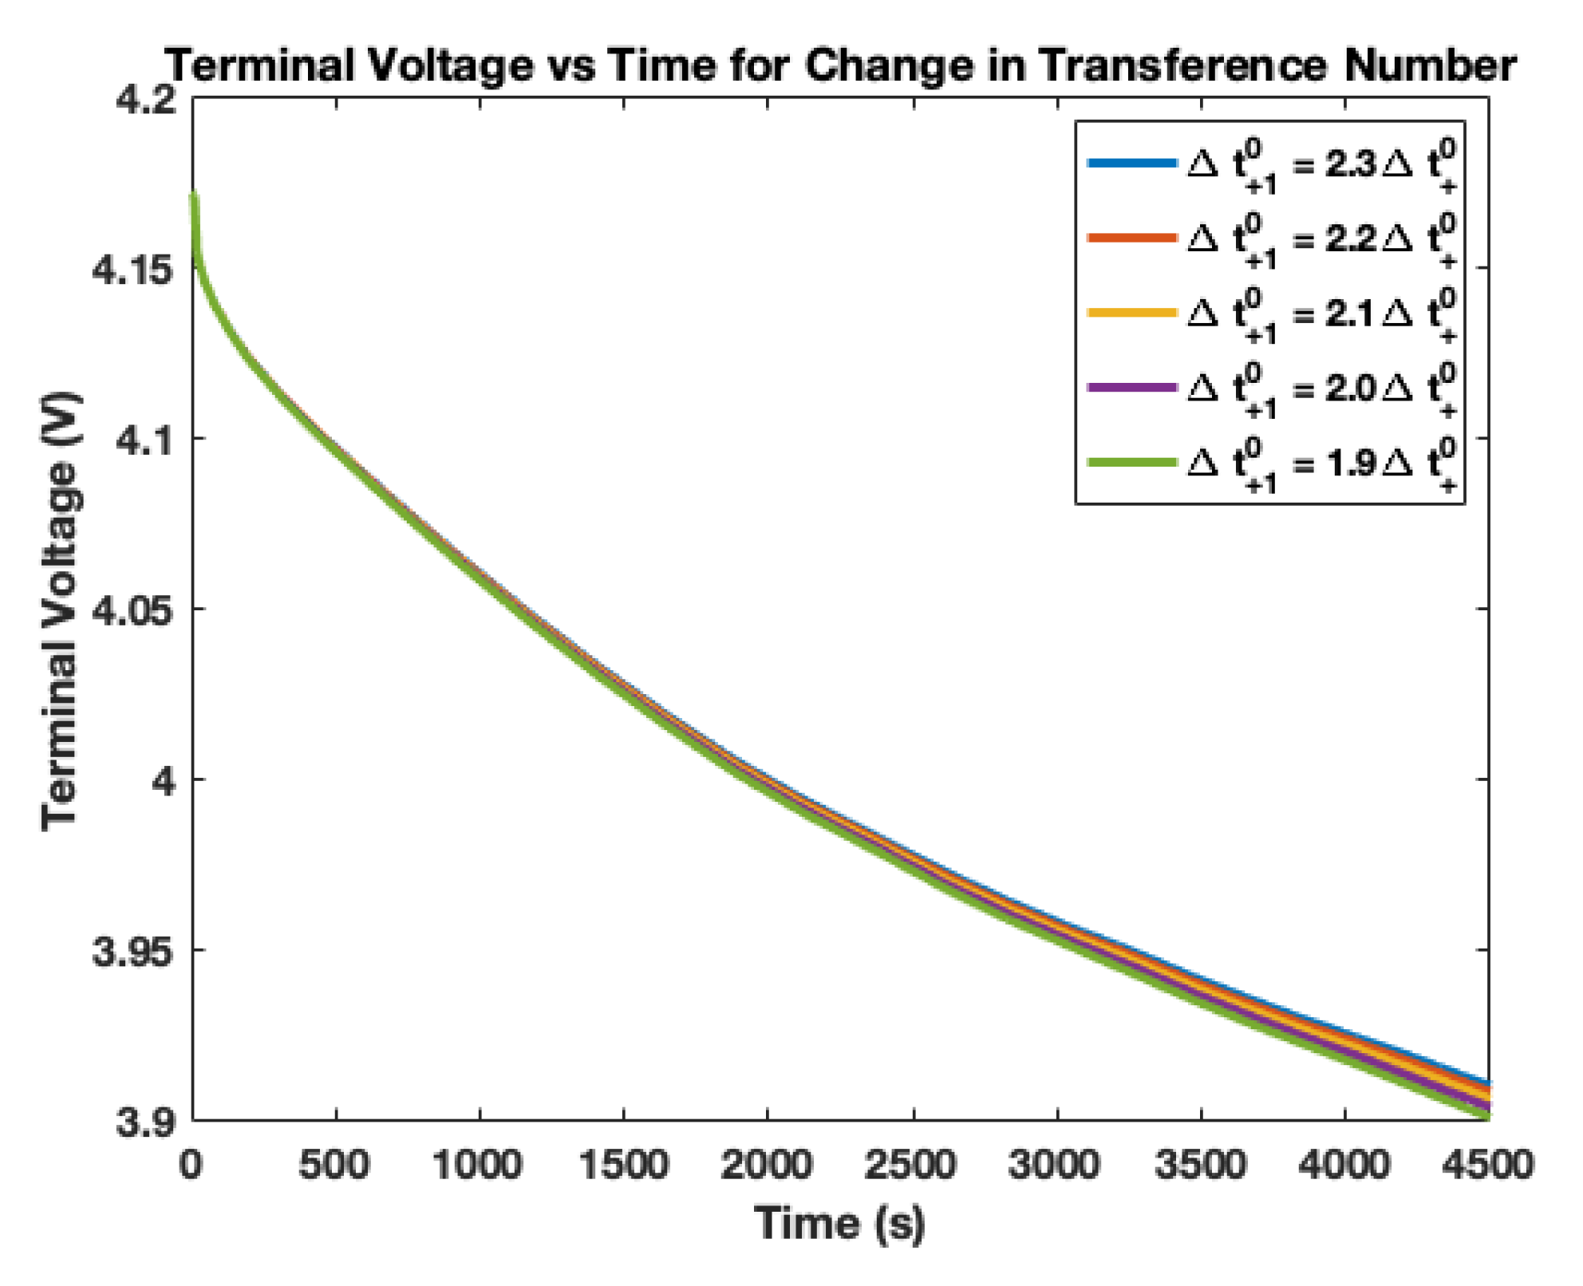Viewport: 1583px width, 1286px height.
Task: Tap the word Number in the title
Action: point(1430,65)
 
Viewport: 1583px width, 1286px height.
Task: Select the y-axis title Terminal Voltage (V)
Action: point(61,610)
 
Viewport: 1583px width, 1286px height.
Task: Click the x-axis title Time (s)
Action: point(839,1223)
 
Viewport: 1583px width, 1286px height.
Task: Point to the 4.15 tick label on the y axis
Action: point(132,270)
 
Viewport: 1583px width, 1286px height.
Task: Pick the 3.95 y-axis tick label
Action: point(132,952)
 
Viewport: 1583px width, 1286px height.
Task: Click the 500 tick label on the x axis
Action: point(334,1166)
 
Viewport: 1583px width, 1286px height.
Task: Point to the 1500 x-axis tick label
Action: point(623,1166)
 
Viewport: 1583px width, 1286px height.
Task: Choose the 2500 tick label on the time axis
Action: point(910,1166)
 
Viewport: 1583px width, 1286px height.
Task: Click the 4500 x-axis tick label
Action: point(1487,1166)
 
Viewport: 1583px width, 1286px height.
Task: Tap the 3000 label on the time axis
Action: point(1055,1166)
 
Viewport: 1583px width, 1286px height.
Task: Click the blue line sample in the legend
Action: point(1131,164)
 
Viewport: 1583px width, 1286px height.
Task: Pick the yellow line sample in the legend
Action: point(1131,313)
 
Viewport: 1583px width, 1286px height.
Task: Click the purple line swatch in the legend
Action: point(1131,388)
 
